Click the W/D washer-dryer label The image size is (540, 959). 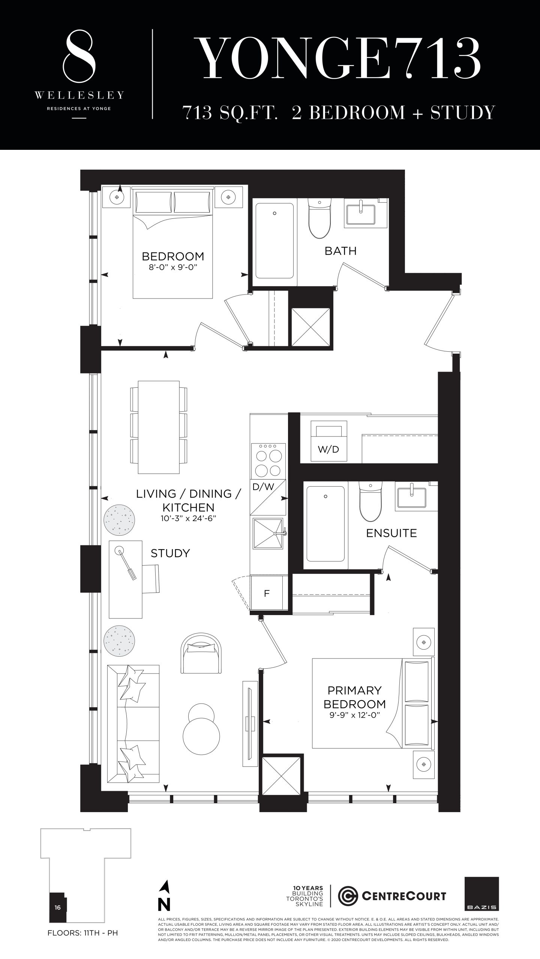click(x=328, y=450)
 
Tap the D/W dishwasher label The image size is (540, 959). click(x=263, y=487)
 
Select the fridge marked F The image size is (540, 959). click(x=267, y=593)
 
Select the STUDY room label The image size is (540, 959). click(x=170, y=553)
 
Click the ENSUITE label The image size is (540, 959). click(x=391, y=533)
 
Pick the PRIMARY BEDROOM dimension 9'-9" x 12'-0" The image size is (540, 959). click(x=355, y=715)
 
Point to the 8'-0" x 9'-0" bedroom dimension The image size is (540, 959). click(x=173, y=267)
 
